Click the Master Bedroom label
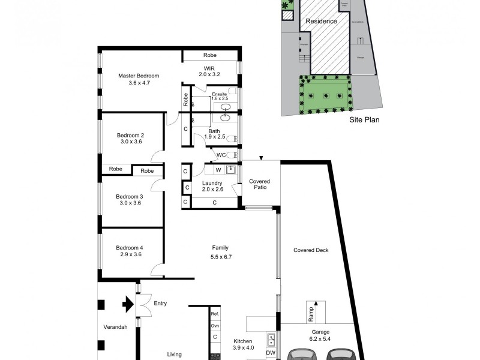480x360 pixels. (x=139, y=76)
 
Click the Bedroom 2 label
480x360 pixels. (x=130, y=135)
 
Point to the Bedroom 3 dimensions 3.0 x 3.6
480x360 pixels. (x=130, y=203)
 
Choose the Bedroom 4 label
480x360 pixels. (x=130, y=247)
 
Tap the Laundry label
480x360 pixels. (x=212, y=183)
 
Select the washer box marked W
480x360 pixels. (x=218, y=170)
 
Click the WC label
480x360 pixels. (x=222, y=155)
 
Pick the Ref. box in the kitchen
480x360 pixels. (x=215, y=314)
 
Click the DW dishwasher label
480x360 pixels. (x=271, y=353)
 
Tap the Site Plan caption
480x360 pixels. (x=365, y=119)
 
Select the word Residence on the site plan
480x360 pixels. (x=321, y=21)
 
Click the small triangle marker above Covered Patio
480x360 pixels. (x=260, y=158)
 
